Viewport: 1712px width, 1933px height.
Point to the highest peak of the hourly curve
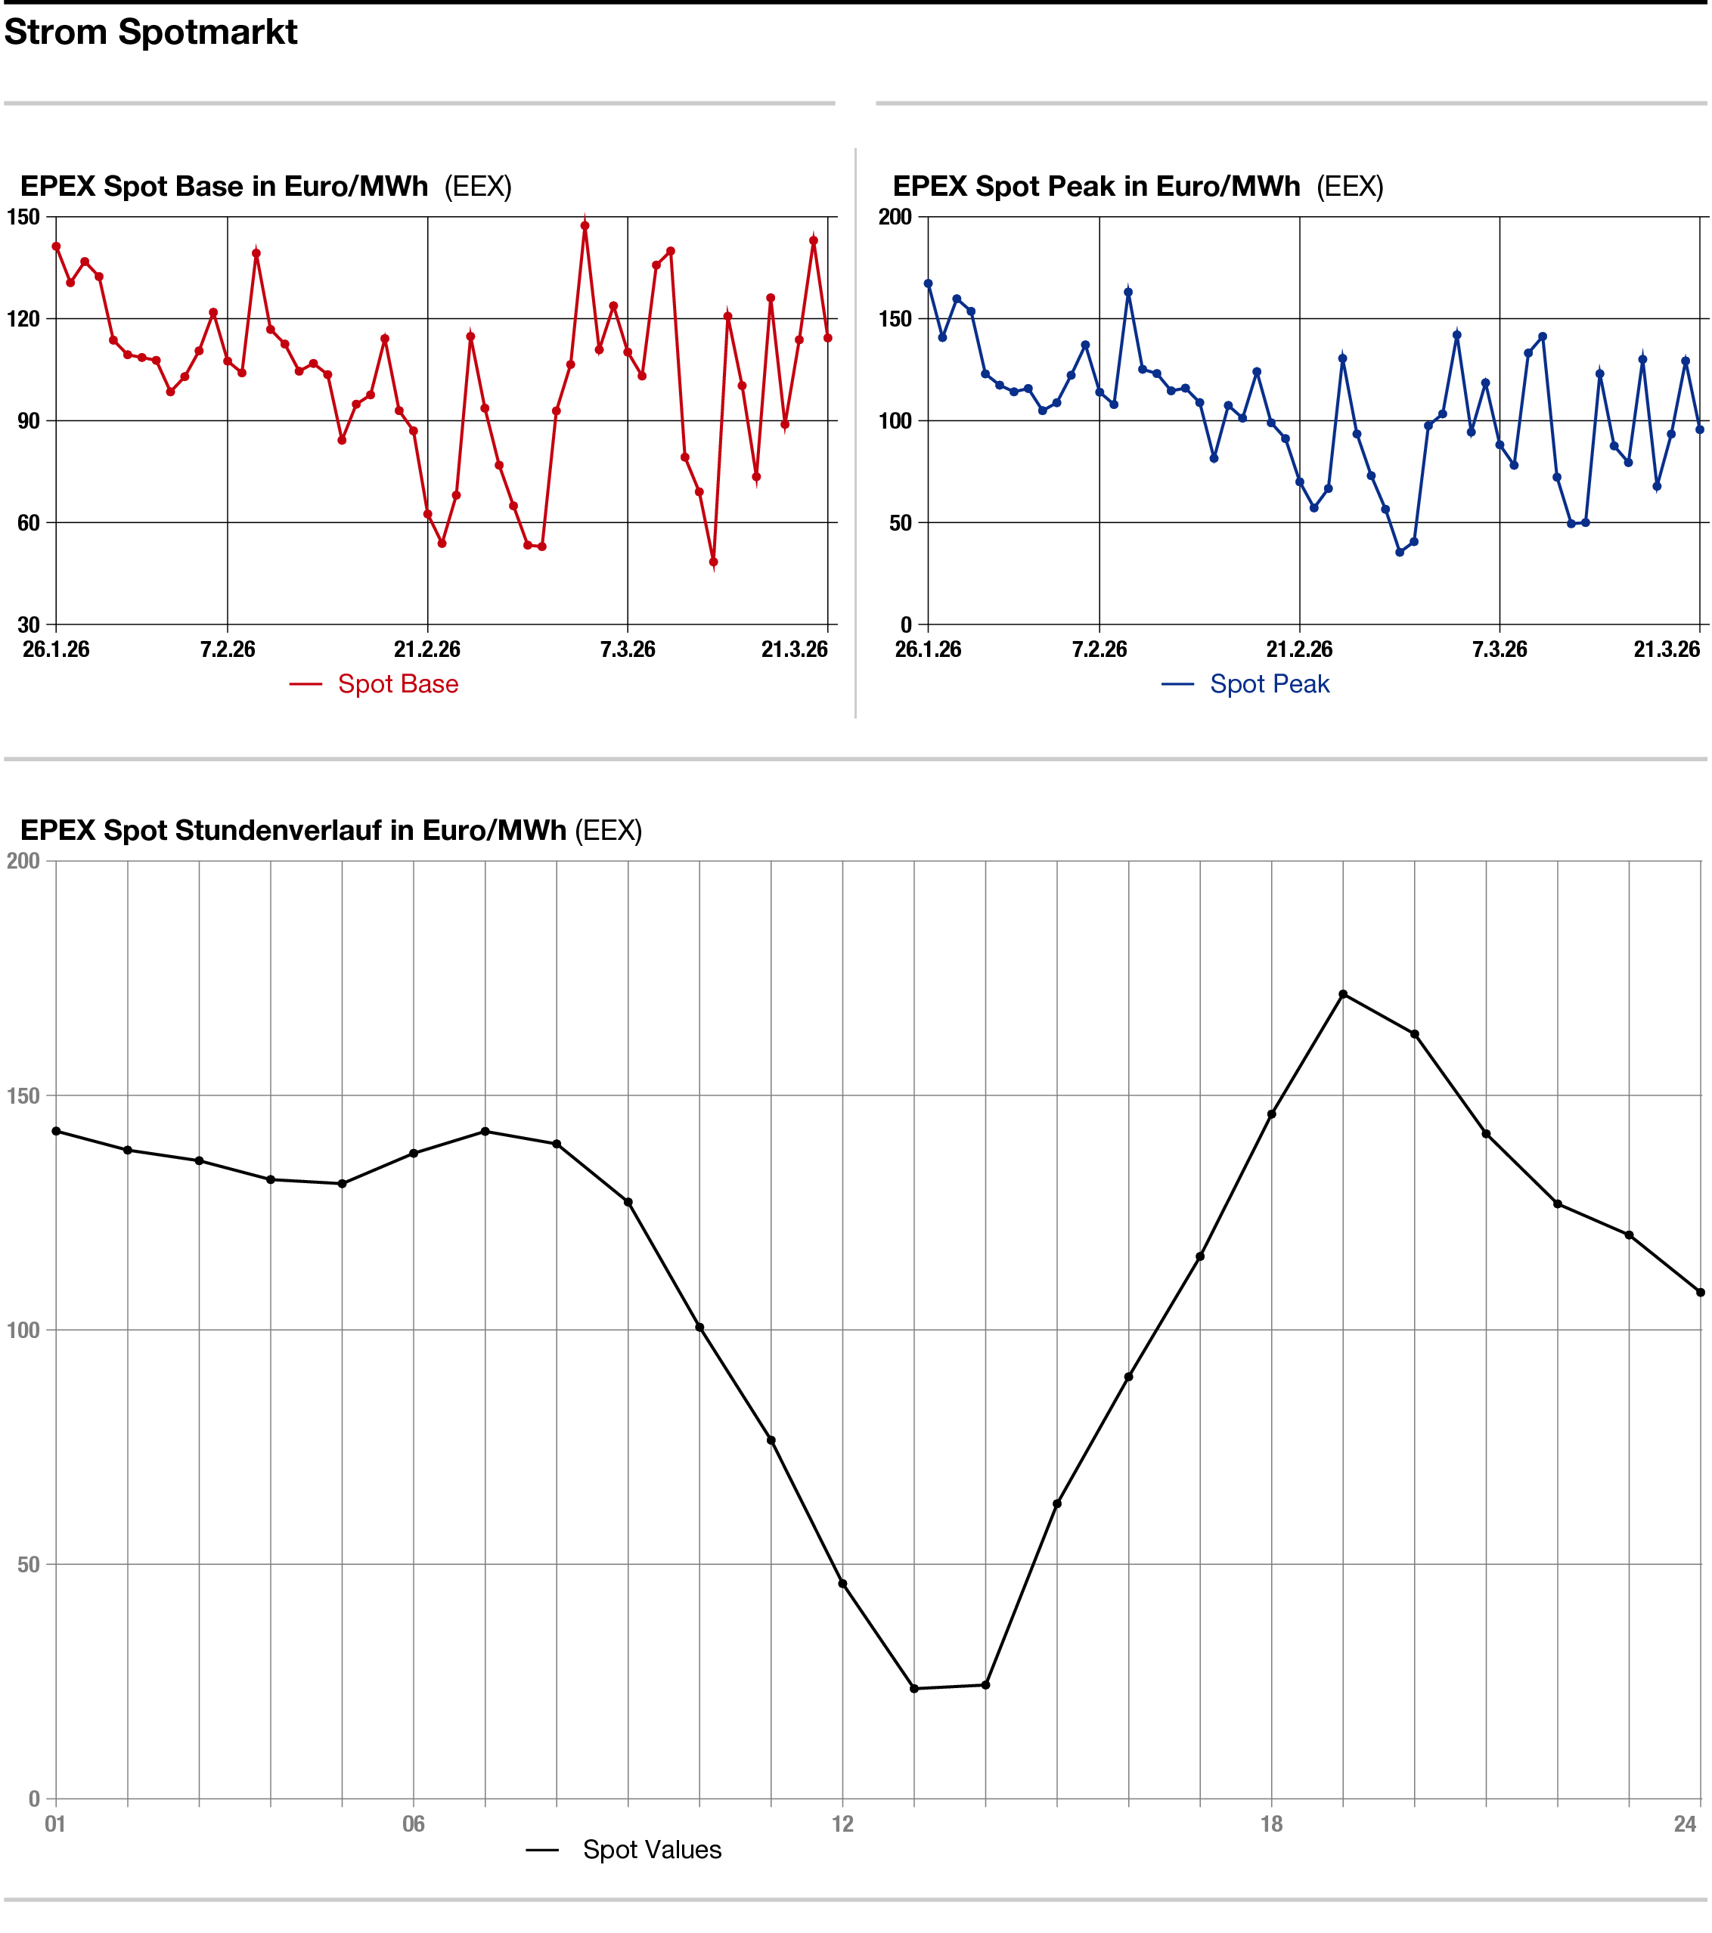[1343, 994]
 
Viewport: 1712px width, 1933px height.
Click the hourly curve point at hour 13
[913, 1688]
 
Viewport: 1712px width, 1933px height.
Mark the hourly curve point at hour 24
[1701, 1292]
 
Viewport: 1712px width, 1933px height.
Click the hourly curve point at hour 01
[56, 1131]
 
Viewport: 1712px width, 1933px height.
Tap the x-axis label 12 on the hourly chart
[842, 1823]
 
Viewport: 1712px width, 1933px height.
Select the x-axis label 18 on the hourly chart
[1271, 1823]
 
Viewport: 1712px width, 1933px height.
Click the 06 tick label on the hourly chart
[414, 1823]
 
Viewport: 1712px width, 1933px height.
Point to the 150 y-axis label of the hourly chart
[23, 1096]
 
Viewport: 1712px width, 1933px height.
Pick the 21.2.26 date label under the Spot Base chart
[427, 649]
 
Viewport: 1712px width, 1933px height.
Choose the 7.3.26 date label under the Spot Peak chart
[1500, 649]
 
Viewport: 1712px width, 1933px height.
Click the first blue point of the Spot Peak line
[928, 283]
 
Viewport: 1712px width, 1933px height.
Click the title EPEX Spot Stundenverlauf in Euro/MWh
[293, 830]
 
